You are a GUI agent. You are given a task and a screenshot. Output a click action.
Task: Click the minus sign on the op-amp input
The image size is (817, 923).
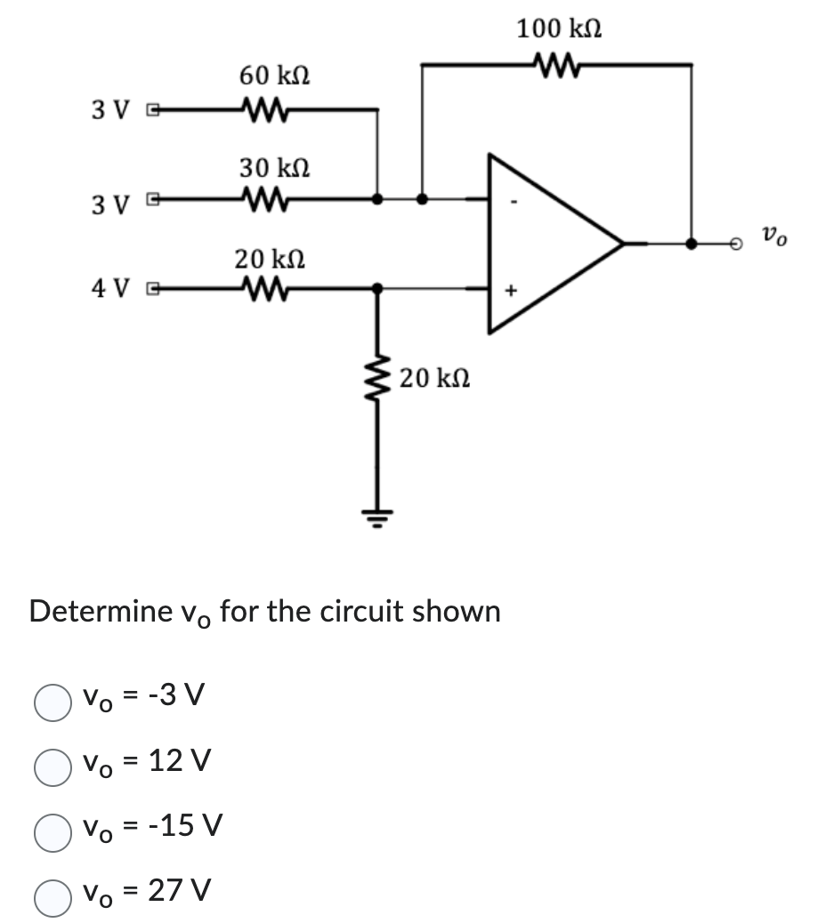[x=512, y=200]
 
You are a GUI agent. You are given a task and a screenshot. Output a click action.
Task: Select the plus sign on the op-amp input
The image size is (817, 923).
[x=512, y=289]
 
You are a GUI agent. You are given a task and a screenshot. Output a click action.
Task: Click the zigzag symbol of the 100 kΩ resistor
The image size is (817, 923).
[x=557, y=63]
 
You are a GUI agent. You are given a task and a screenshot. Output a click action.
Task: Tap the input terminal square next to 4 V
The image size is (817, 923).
[x=153, y=288]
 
